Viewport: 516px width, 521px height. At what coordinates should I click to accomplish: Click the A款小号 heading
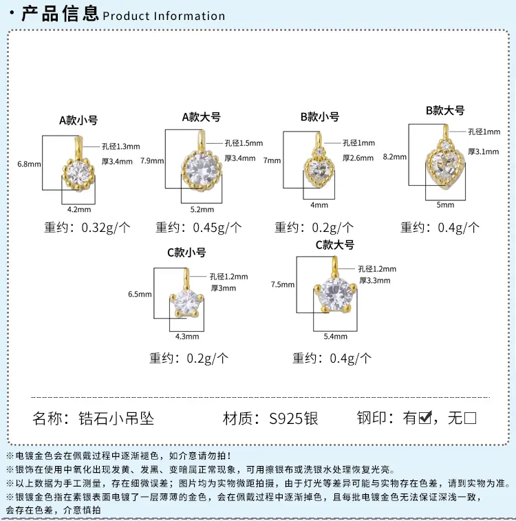pyautogui.click(x=78, y=120)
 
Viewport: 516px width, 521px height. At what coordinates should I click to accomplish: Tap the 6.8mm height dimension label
pyautogui.click(x=29, y=164)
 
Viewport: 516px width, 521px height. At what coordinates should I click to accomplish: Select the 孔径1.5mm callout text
pyautogui.click(x=244, y=143)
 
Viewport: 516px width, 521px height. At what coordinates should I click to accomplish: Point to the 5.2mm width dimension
pyautogui.click(x=202, y=210)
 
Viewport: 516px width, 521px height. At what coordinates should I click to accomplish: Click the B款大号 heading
pyautogui.click(x=445, y=110)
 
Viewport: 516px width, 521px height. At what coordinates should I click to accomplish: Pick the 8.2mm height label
pyautogui.click(x=395, y=157)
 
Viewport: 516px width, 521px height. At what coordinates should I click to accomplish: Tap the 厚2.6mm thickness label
pyautogui.click(x=358, y=158)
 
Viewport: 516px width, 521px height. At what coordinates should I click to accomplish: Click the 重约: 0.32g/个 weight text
pyautogui.click(x=87, y=228)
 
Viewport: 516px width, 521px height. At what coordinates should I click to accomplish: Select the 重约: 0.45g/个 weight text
pyautogui.click(x=199, y=228)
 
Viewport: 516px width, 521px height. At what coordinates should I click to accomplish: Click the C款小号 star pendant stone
pyautogui.click(x=186, y=302)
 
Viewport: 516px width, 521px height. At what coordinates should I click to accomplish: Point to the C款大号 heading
pyautogui.click(x=334, y=245)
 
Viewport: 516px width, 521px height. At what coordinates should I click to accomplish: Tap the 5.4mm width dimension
pyautogui.click(x=335, y=337)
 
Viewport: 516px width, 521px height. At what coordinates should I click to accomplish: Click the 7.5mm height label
pyautogui.click(x=283, y=285)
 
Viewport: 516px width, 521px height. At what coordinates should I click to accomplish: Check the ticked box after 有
pyautogui.click(x=425, y=418)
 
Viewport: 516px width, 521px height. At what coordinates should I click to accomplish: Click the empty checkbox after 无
pyautogui.click(x=470, y=418)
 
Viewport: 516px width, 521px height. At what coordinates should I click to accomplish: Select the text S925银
pyautogui.click(x=294, y=418)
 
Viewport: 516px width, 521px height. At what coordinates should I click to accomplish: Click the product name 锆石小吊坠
pyautogui.click(x=116, y=418)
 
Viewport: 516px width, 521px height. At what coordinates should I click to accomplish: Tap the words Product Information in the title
pyautogui.click(x=164, y=16)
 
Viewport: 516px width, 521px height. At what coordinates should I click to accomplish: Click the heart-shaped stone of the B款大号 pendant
pyautogui.click(x=445, y=167)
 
